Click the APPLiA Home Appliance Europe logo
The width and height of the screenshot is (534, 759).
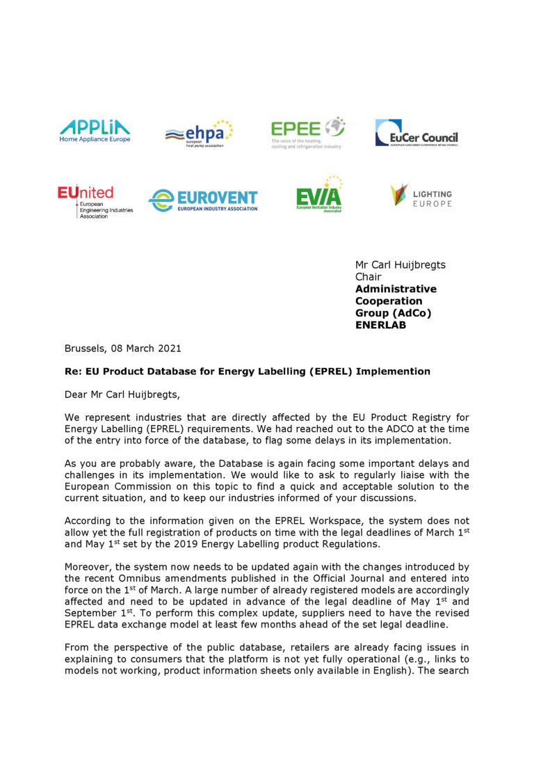[x=95, y=131]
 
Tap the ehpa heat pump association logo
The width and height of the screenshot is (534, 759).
[x=199, y=133]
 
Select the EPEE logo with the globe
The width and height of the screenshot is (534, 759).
[x=307, y=133]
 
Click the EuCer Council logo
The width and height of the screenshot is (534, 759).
[x=416, y=133]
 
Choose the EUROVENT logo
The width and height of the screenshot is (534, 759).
[x=202, y=200]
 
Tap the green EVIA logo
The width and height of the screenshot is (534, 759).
[x=319, y=195]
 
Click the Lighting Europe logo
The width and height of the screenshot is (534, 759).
[x=421, y=195]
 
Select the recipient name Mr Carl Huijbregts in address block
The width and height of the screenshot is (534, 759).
[x=400, y=264]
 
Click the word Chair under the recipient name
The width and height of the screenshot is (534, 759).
[x=369, y=277]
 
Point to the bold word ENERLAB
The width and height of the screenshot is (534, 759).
[x=380, y=325]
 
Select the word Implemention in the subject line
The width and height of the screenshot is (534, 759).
[x=393, y=371]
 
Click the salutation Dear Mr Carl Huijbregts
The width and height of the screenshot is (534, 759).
[x=122, y=394]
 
